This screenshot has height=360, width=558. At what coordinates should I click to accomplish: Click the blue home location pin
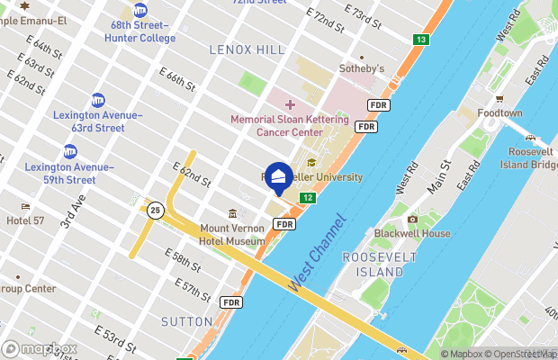280,177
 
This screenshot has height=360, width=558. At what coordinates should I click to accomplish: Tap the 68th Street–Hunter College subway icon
140,10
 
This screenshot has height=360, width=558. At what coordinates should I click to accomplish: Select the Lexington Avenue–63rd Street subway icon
97,100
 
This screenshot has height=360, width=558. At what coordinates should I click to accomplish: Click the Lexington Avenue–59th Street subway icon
69,151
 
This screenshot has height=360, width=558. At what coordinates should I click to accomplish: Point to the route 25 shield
156,211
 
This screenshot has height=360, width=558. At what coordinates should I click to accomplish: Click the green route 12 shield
308,198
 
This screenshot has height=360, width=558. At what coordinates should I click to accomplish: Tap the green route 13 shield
421,40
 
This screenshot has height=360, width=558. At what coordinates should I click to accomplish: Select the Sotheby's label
361,68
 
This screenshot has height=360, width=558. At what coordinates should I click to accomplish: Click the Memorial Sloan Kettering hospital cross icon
290,105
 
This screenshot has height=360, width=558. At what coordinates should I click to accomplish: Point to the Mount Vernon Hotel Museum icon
233,214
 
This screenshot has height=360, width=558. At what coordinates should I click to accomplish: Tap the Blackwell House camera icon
412,220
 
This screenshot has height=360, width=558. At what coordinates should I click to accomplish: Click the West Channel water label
317,252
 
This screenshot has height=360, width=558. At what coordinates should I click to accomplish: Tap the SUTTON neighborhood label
187,321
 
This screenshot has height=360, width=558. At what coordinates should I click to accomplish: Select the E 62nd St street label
193,175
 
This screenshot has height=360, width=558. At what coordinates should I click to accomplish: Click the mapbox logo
40,348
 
